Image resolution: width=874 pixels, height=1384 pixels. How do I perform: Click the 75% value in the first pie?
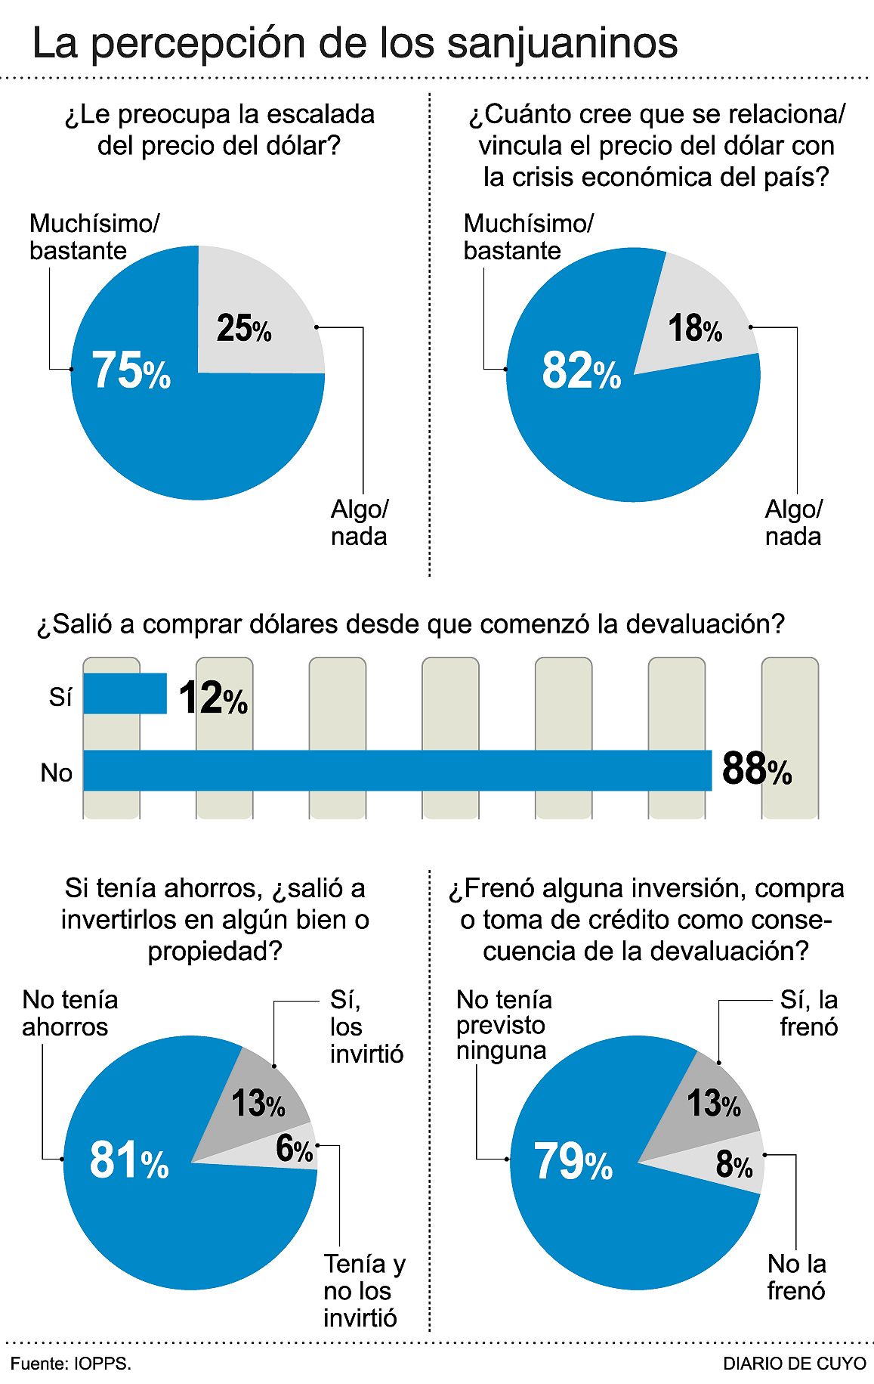pyautogui.click(x=131, y=371)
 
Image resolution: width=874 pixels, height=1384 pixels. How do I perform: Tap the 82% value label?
pyautogui.click(x=581, y=371)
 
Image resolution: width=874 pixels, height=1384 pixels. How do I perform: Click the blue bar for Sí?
pyautogui.click(x=125, y=693)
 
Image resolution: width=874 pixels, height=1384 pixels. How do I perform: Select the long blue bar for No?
pyautogui.click(x=397, y=770)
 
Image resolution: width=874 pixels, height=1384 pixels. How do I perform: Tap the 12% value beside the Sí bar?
pyautogui.click(x=213, y=698)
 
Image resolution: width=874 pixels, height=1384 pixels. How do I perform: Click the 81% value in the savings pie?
pyautogui.click(x=128, y=1160)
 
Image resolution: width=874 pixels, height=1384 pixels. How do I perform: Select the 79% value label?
pyautogui.click(x=573, y=1162)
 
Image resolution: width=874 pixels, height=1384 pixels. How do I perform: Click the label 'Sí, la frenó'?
pyautogui.click(x=808, y=1013)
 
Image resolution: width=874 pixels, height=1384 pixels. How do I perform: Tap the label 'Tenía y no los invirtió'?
pyautogui.click(x=364, y=1290)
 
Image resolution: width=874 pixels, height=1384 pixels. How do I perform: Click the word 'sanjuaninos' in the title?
pyautogui.click(x=562, y=43)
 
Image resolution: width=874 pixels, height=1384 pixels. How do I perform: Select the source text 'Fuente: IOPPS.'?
pyautogui.click(x=70, y=1364)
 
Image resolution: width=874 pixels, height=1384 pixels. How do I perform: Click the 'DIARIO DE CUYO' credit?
pyautogui.click(x=794, y=1364)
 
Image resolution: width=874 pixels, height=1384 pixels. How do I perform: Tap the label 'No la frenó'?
pyautogui.click(x=796, y=1277)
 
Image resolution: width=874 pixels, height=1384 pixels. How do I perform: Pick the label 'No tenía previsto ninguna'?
pyautogui.click(x=504, y=1025)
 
